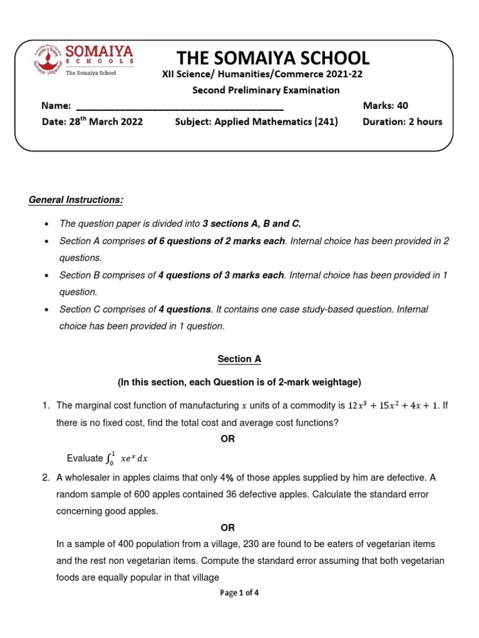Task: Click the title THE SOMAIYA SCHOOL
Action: pos(273,59)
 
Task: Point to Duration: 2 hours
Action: pos(402,121)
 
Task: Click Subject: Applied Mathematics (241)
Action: pos(256,121)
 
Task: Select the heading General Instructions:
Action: pos(76,200)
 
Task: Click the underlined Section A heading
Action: pos(239,359)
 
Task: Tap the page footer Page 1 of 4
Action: pos(239,593)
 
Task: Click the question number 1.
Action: pos(46,406)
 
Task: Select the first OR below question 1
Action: pos(239,439)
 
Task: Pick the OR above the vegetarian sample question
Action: pos(239,527)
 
